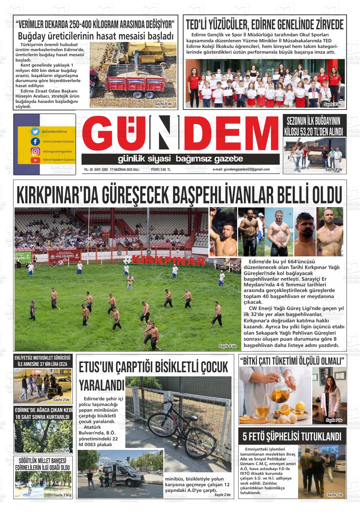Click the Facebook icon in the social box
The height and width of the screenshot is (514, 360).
(x=35, y=141)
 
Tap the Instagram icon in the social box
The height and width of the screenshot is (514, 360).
(x=35, y=151)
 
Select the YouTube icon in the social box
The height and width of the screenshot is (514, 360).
(x=35, y=160)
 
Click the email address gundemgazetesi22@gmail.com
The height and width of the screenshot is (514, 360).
(x=241, y=170)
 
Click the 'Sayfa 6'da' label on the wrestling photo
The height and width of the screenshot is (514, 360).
(x=227, y=346)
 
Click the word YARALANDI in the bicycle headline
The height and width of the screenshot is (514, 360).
(x=102, y=385)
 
